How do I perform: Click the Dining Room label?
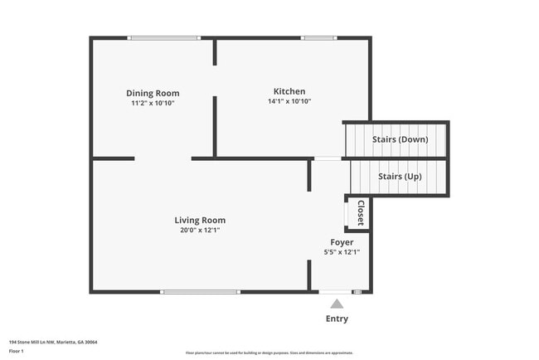pyautogui.click(x=153, y=93)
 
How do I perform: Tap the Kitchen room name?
pyautogui.click(x=289, y=91)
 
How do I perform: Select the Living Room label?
pyautogui.click(x=200, y=220)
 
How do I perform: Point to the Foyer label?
pyautogui.click(x=341, y=242)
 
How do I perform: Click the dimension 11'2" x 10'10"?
pyautogui.click(x=153, y=103)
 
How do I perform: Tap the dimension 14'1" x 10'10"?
pyautogui.click(x=289, y=101)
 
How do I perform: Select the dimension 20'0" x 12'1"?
pyautogui.click(x=200, y=230)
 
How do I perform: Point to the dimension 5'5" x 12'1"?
pyautogui.click(x=341, y=252)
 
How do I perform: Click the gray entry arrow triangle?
pyautogui.click(x=337, y=304)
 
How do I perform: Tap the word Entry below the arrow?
pyautogui.click(x=337, y=319)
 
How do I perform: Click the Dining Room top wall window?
pyautogui.click(x=163, y=37)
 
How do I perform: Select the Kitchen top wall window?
pyautogui.click(x=318, y=37)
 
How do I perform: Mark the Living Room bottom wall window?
pyautogui.click(x=200, y=292)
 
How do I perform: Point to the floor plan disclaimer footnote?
pyautogui.click(x=269, y=353)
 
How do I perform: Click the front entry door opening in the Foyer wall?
pyautogui.click(x=335, y=292)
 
